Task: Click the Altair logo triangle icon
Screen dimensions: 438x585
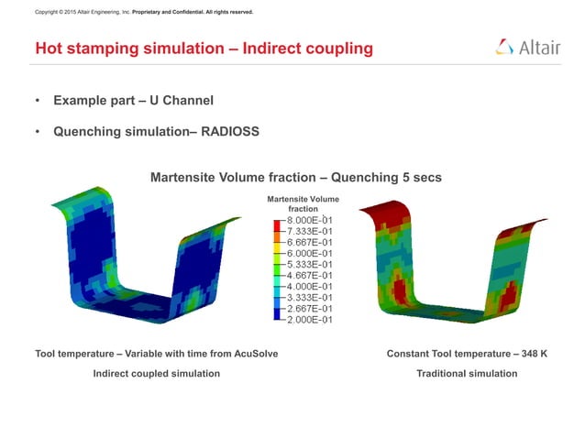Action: pos(505,48)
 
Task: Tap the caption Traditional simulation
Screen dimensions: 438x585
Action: pos(467,373)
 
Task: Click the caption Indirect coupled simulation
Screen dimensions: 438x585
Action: pos(157,373)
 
